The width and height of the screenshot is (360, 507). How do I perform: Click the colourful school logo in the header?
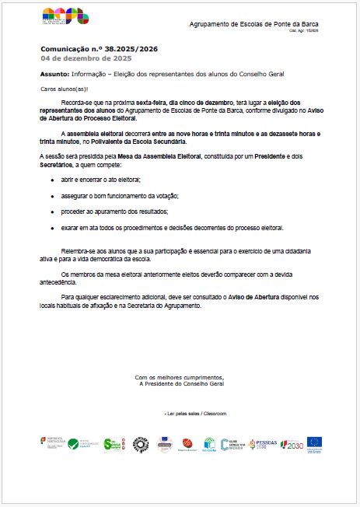tap(65, 16)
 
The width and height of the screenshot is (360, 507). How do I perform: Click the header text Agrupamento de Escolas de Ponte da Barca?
tap(253, 25)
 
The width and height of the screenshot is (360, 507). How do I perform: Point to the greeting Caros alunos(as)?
tap(65, 90)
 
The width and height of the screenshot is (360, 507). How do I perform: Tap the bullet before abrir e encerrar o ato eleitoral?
tap(52, 180)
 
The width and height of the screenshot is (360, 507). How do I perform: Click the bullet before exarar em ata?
tap(52, 228)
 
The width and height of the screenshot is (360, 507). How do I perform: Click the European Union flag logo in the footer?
tap(314, 442)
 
